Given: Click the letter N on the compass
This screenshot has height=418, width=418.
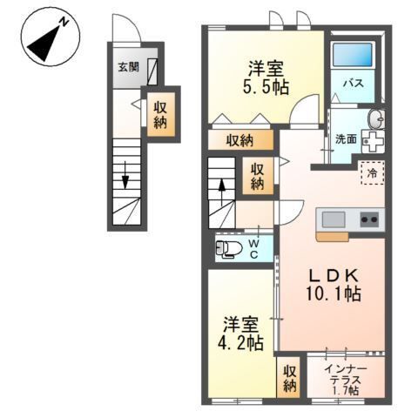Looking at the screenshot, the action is [64, 23].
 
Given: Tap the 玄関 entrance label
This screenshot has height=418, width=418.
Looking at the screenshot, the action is [128, 67].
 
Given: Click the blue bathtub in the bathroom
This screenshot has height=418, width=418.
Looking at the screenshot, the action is [352, 55].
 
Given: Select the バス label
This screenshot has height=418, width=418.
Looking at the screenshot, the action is [354, 84].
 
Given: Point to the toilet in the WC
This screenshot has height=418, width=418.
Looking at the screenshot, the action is [229, 249].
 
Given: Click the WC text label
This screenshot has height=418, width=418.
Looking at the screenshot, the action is [254, 249].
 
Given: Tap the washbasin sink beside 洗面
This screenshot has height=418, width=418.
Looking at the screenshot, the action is [376, 119].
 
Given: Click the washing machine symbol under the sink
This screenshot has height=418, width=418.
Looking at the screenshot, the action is [373, 142].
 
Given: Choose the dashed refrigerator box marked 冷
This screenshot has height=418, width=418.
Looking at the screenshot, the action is [373, 173].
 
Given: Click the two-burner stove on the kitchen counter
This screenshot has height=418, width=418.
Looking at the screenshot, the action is [369, 219].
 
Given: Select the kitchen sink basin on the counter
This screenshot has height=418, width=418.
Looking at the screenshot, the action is [334, 219].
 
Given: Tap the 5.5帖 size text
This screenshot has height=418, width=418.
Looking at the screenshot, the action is [266, 86].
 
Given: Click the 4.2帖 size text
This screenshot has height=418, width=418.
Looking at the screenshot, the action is [240, 342].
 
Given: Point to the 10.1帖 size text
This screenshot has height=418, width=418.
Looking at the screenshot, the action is [333, 293].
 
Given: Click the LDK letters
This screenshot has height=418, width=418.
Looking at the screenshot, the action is [334, 276].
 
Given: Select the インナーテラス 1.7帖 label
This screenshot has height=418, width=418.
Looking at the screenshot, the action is [346, 380].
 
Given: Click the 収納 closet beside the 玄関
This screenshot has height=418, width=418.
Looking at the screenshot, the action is [160, 115].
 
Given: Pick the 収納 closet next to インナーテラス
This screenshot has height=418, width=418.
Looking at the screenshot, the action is [289, 379].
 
